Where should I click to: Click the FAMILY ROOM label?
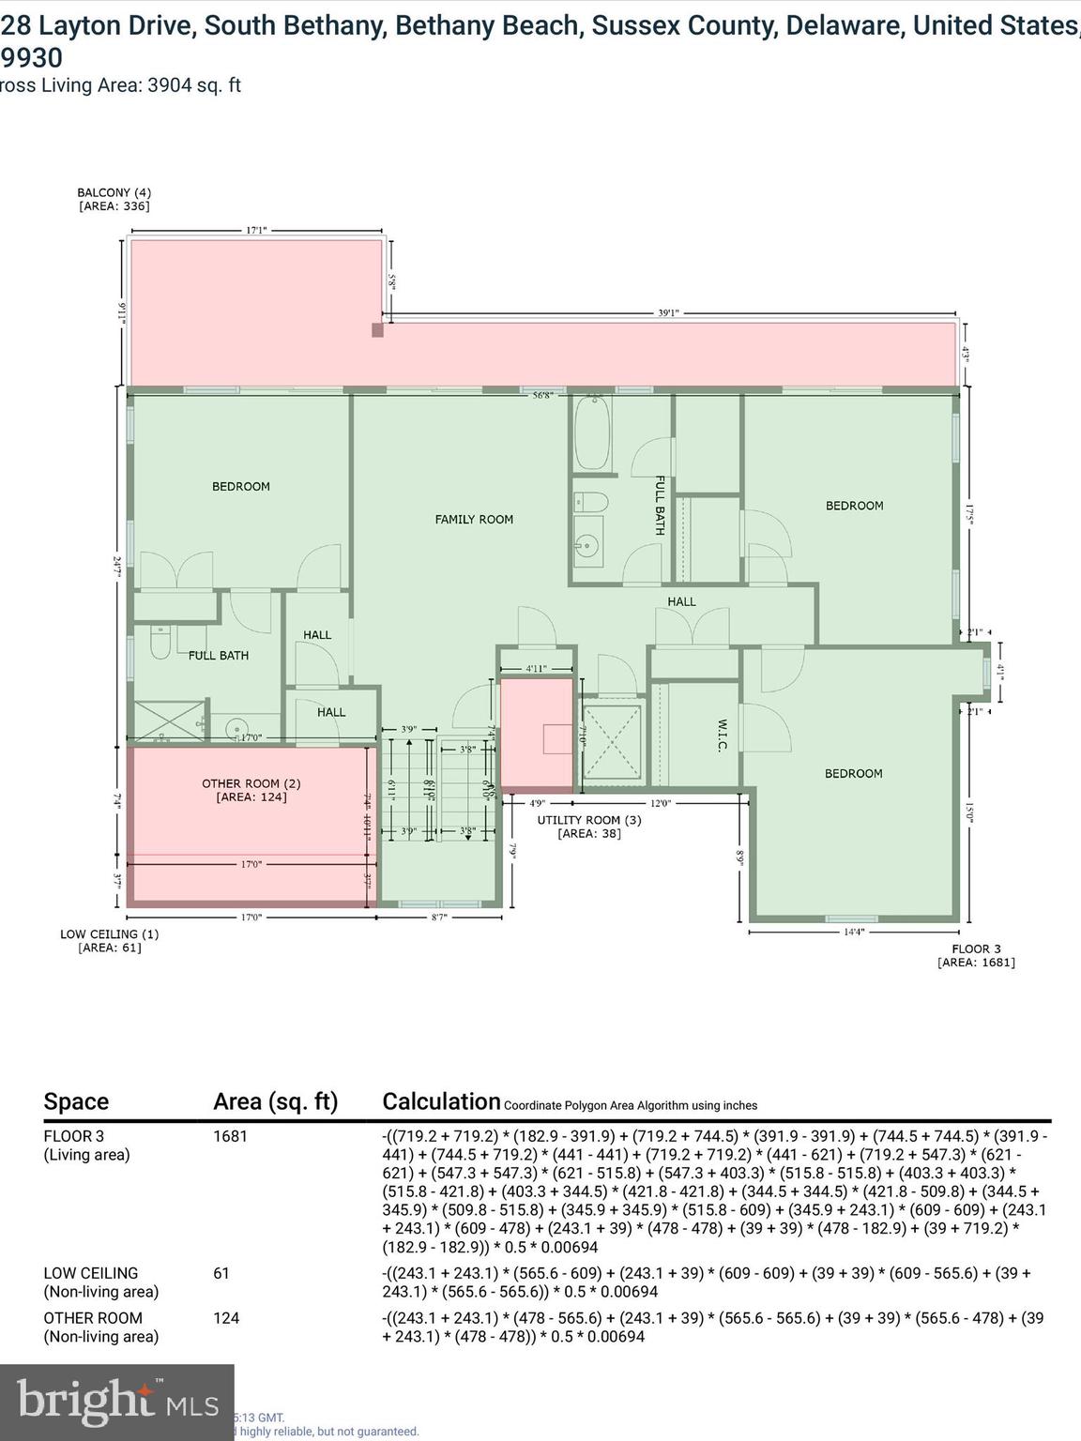474,519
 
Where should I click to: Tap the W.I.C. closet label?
723,736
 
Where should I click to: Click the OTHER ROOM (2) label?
251,790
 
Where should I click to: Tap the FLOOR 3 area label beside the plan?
976,955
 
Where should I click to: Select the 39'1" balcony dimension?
668,313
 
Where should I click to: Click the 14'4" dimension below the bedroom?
853,932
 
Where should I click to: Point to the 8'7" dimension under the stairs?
439,917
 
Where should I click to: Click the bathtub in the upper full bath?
592,434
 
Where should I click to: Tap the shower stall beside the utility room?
612,742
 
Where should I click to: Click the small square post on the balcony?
377,330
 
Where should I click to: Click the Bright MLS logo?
117,1401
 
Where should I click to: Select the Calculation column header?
441,1101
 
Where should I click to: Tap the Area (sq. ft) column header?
275,1101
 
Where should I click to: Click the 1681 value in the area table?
230,1136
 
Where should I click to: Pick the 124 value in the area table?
226,1318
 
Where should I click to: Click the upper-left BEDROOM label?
241,486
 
